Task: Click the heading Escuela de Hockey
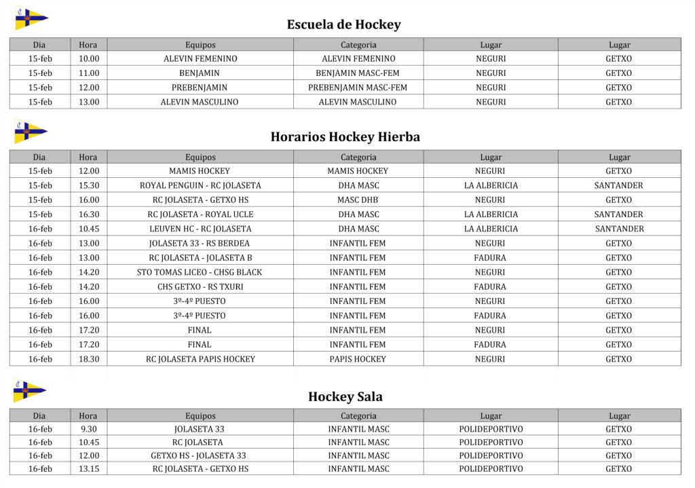click(x=343, y=25)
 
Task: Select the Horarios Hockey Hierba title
click(x=345, y=137)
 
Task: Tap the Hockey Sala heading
click(x=345, y=397)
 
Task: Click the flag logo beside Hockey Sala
click(x=29, y=390)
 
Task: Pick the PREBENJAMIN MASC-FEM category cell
click(x=358, y=88)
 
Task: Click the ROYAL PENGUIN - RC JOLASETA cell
click(x=200, y=185)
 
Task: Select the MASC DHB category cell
click(x=358, y=200)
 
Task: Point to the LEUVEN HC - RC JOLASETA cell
click(x=200, y=229)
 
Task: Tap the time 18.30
click(x=88, y=359)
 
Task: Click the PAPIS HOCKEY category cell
click(x=358, y=359)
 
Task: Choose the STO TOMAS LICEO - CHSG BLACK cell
click(x=200, y=272)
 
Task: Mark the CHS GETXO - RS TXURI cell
click(x=200, y=286)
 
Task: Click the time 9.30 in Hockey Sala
click(x=88, y=429)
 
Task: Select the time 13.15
click(x=88, y=469)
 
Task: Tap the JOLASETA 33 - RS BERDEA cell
click(x=200, y=243)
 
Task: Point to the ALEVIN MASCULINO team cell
click(x=200, y=102)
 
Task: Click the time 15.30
click(x=88, y=185)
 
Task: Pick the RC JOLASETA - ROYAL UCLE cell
click(x=200, y=214)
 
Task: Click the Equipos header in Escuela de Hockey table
click(x=200, y=45)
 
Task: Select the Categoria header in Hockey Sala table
click(x=358, y=416)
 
